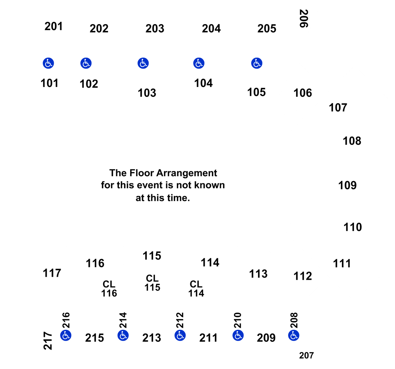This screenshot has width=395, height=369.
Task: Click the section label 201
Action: point(53,26)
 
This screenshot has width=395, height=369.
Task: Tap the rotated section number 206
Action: point(304,18)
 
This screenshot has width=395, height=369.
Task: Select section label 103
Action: point(147,93)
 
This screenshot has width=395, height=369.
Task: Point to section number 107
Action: point(338,107)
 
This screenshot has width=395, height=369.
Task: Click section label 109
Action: point(347,185)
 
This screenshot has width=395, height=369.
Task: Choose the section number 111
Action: point(342,264)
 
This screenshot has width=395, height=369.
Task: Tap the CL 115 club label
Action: point(152,283)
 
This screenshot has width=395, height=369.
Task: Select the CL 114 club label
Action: point(196,288)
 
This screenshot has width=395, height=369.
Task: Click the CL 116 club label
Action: point(109,288)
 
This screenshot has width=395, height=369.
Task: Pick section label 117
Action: point(52,273)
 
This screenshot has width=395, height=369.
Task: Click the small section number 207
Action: point(306,355)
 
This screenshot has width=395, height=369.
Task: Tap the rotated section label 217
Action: point(48,341)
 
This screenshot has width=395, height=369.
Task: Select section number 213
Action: point(152,338)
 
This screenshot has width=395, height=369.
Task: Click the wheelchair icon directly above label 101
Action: point(49,63)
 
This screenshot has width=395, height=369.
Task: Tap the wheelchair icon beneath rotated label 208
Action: point(294,335)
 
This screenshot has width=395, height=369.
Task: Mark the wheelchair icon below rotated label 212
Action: point(180,335)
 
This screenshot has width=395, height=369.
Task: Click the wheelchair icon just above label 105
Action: point(257,63)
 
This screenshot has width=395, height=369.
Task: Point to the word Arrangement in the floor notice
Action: point(187,173)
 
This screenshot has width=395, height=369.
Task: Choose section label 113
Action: point(258,274)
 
